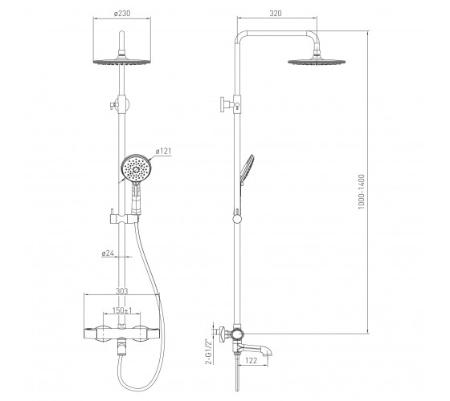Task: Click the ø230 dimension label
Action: [122, 13]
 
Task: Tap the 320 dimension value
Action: [276, 13]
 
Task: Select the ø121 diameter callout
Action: [163, 151]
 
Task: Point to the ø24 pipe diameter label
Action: [108, 253]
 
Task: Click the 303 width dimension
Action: [121, 291]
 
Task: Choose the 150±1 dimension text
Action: [122, 310]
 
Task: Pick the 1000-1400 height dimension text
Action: [362, 192]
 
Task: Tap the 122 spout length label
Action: [252, 360]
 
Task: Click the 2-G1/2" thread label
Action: [210, 351]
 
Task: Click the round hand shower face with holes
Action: [136, 168]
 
